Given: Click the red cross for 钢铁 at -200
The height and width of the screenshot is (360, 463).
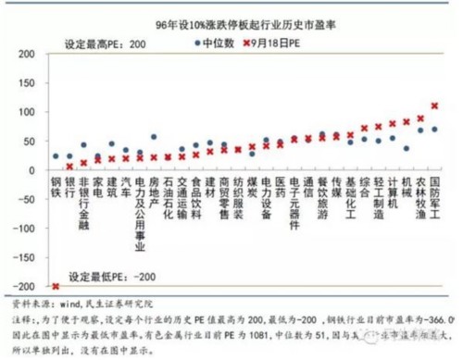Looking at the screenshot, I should click(56, 286).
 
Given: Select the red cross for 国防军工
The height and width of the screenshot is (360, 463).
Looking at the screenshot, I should click(434, 106).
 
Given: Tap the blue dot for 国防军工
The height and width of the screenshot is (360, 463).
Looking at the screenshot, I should click(434, 130).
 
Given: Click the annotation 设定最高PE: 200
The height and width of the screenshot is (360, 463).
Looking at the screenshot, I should click(106, 44).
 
